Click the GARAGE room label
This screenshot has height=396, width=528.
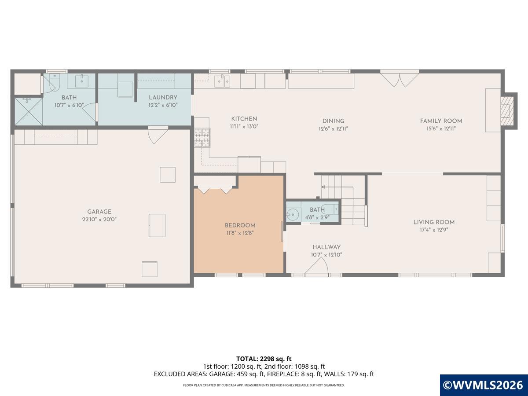coord(99,212)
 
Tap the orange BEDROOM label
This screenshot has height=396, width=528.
coord(240,226)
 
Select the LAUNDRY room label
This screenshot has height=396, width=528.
coord(163,97)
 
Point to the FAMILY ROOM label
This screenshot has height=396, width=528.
coord(441,121)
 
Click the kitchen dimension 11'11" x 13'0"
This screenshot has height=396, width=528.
coord(244,126)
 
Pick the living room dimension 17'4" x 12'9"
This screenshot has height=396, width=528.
coord(434,230)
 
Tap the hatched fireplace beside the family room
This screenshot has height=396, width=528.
coord(507,111)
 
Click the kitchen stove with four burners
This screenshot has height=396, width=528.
coord(202,138)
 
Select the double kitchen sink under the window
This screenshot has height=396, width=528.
coord(222,81)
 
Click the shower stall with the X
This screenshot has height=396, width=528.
coord(29,112)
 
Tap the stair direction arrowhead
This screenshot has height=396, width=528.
coord(323,187)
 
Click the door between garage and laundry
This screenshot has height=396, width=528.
coord(158,135)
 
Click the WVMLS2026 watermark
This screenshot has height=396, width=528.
coord(484,385)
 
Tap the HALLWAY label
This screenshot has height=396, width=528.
coord(326,247)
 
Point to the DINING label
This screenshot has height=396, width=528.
coord(333,121)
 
